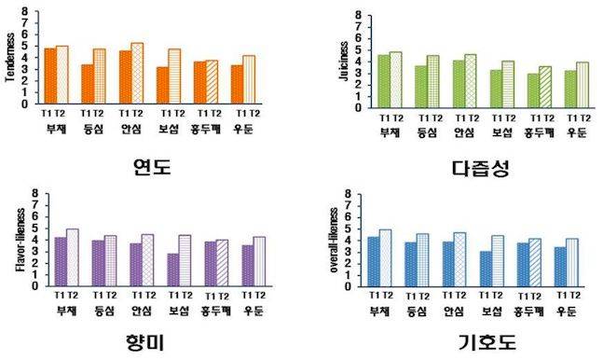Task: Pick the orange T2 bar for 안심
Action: (137, 74)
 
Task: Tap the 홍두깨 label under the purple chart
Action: (210, 311)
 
